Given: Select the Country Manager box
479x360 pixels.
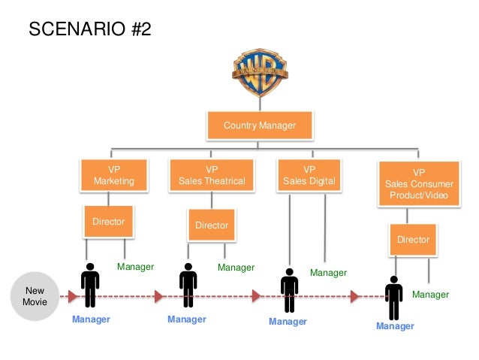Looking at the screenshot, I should (x=259, y=126).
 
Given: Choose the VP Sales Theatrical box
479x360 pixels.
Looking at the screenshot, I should (x=212, y=175).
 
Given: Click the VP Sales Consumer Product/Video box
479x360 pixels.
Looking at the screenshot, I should (x=419, y=184).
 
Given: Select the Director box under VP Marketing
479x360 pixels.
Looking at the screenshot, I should (x=108, y=222).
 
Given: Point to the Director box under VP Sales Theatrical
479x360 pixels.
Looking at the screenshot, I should (x=212, y=225).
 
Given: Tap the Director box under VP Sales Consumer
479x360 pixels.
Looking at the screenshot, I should (x=413, y=240).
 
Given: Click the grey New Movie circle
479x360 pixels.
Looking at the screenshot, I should (x=35, y=296).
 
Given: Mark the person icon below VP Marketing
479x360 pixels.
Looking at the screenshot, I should (x=90, y=286).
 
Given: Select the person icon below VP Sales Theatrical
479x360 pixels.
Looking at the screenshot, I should (x=188, y=286).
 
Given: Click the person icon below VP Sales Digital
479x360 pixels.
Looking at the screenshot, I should (x=289, y=290).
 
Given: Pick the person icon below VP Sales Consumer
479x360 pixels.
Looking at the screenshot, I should (x=393, y=298).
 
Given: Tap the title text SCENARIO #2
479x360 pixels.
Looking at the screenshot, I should (x=89, y=29).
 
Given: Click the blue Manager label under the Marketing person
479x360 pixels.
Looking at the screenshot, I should (x=91, y=319).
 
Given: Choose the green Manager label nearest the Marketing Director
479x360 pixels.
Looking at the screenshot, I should (x=135, y=267).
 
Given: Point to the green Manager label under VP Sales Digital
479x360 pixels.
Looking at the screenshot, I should (x=329, y=273).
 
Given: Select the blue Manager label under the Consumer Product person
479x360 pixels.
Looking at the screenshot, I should (x=395, y=326).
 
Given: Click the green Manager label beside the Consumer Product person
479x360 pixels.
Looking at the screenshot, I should (x=430, y=295).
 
